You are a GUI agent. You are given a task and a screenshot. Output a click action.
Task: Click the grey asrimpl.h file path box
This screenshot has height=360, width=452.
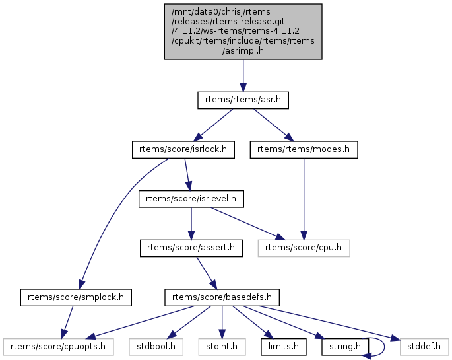[243, 32]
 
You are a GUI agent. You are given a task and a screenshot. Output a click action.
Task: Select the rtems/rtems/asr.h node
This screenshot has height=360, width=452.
[243, 100]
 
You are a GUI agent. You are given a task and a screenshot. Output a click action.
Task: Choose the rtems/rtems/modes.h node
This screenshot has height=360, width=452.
[304, 150]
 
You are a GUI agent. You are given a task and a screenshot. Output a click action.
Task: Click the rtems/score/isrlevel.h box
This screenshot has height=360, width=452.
[191, 199]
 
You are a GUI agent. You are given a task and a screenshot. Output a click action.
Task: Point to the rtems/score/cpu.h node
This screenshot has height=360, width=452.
[304, 248]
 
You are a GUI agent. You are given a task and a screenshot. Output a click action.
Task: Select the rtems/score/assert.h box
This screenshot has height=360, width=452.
[191, 248]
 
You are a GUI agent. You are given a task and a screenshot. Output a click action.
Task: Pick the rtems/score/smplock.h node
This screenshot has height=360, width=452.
[77, 297]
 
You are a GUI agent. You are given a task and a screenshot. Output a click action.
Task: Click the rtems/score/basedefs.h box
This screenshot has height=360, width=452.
[222, 297]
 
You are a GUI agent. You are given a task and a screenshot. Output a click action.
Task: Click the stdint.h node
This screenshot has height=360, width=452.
[222, 346]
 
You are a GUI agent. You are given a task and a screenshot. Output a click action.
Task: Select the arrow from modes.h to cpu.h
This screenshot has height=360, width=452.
[304, 198]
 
